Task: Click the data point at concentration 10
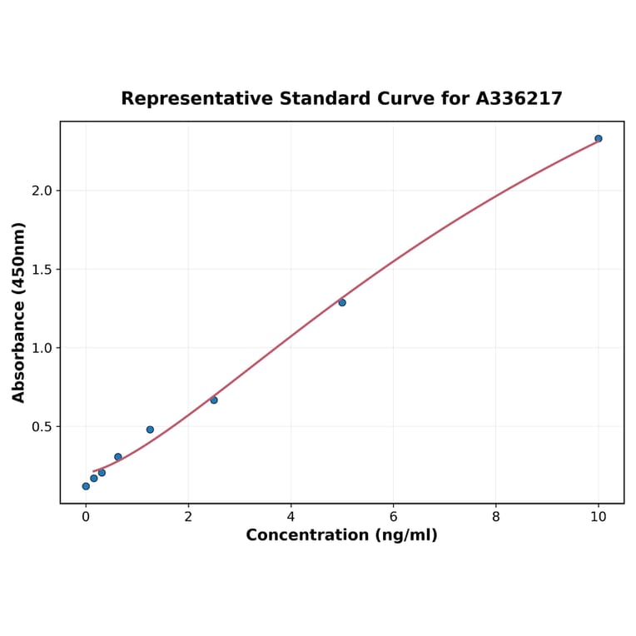pyautogui.click(x=599, y=139)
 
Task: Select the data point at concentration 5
pyautogui.click(x=342, y=302)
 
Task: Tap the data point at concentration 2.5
pyautogui.click(x=214, y=400)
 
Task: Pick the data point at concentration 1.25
pyautogui.click(x=150, y=430)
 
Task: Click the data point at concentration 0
pyautogui.click(x=86, y=486)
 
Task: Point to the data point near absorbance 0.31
pyautogui.click(x=118, y=457)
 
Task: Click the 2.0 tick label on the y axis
pyautogui.click(x=41, y=191)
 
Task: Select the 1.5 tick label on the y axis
pyautogui.click(x=41, y=270)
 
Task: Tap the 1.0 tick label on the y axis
pyautogui.click(x=41, y=348)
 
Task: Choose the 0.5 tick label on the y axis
pyautogui.click(x=41, y=427)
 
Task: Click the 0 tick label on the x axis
pyautogui.click(x=86, y=517)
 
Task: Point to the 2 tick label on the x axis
pyautogui.click(x=188, y=517)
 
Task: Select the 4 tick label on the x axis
pyautogui.click(x=291, y=517)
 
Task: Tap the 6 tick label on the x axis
pyautogui.click(x=393, y=517)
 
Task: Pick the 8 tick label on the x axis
pyautogui.click(x=496, y=517)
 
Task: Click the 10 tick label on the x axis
pyautogui.click(x=599, y=517)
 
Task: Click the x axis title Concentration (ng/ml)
pyautogui.click(x=341, y=535)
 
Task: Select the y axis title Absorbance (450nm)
pyautogui.click(x=19, y=312)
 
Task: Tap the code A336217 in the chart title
pyautogui.click(x=519, y=99)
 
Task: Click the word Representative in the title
pyautogui.click(x=196, y=99)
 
